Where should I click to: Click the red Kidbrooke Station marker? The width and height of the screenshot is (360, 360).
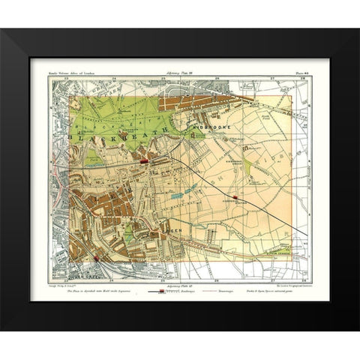pos(235,197)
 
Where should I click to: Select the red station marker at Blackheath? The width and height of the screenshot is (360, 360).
pos(142,160)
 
